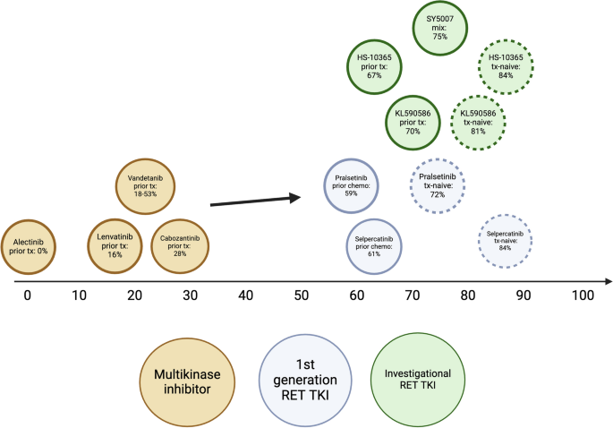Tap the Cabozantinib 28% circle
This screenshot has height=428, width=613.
click(x=181, y=245)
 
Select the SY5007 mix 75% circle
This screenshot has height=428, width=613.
click(x=440, y=27)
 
